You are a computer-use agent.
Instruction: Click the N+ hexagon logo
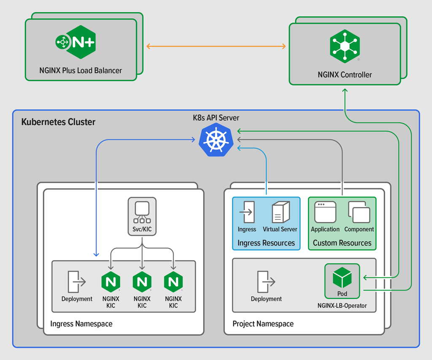coord(81,42)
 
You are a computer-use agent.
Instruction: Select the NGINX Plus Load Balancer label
coord(81,70)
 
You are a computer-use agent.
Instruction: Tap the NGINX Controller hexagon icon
coord(345,46)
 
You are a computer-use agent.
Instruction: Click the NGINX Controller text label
coord(345,75)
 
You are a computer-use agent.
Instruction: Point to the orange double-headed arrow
coord(216,46)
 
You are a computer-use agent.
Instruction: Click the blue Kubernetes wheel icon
coord(216,140)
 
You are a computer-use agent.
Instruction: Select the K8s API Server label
coord(216,118)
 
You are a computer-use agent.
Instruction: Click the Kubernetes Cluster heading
coord(58,122)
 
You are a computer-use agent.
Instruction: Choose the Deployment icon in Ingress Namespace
coord(76,282)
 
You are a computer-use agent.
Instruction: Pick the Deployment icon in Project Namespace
coord(266,282)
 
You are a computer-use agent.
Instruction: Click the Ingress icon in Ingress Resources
coord(247,213)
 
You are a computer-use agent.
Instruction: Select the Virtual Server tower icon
coord(280,212)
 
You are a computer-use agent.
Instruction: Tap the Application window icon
coord(325,212)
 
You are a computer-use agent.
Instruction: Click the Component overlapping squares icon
coord(359,212)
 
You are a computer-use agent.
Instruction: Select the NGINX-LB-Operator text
coord(342,306)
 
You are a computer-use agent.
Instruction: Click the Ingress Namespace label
coord(81,324)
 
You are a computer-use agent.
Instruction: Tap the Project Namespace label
coord(263,324)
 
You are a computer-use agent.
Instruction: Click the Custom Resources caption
coord(342,243)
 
